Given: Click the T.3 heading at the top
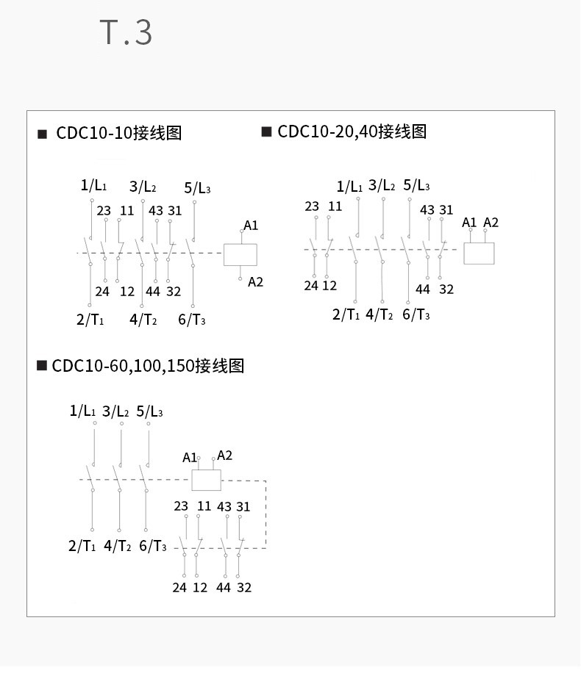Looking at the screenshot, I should coord(126,33).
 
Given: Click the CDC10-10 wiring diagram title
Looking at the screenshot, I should coord(118,133).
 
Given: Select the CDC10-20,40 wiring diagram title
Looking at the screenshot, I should coord(352,132).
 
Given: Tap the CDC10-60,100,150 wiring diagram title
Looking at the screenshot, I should coord(147,366).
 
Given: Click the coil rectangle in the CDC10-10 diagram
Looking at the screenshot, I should coord(240,254).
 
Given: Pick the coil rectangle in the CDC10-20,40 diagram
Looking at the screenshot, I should coord(479,253).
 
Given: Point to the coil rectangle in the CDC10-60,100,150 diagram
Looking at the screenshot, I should coord(206,480).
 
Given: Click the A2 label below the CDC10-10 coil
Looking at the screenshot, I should coord(255,282).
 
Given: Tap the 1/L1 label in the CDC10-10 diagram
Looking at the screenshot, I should coord(93,185).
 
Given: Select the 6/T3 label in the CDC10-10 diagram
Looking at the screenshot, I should coord(191,320).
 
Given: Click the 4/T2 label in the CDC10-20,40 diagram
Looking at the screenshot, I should coord(379,314).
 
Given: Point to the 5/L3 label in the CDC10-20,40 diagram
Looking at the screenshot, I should coord(416,185).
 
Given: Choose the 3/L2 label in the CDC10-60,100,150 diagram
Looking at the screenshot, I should coord(115,411).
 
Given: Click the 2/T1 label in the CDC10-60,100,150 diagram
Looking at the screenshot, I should coord(82,546).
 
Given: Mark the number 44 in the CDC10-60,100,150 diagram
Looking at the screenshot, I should coord(223,588).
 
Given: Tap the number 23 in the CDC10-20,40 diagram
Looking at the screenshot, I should coord(312,206).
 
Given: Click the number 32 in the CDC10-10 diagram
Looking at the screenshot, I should coord(173,292).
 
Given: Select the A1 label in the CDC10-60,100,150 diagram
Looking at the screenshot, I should coord(190,458).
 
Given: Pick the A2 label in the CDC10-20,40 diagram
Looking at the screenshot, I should coord(491,223).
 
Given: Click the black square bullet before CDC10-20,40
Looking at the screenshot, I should coord(266,132).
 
